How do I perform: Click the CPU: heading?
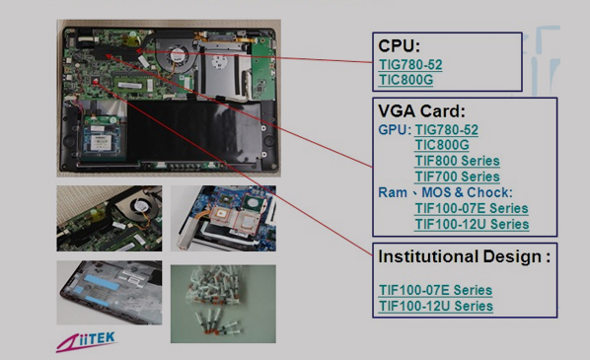point(399,46)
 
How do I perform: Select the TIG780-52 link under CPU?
point(410,65)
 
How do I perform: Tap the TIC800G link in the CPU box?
point(406,80)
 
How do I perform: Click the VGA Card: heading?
point(421,111)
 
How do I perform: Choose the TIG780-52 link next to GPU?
point(446,130)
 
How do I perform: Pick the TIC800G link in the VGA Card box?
point(442,145)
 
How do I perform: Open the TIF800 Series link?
point(457,161)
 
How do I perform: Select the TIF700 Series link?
point(457,177)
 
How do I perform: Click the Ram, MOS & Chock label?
point(446,192)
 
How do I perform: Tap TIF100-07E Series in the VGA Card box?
point(472,208)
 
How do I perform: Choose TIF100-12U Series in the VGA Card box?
point(472,224)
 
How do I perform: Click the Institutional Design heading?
point(465,256)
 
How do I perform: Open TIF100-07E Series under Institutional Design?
point(435,290)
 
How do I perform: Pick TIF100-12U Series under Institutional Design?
point(436,306)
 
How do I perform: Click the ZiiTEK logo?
point(86,341)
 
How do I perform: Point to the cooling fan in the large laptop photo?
point(176,55)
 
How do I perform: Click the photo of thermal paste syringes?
point(223,304)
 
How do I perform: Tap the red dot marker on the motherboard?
point(95,81)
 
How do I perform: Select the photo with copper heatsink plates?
point(223,218)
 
